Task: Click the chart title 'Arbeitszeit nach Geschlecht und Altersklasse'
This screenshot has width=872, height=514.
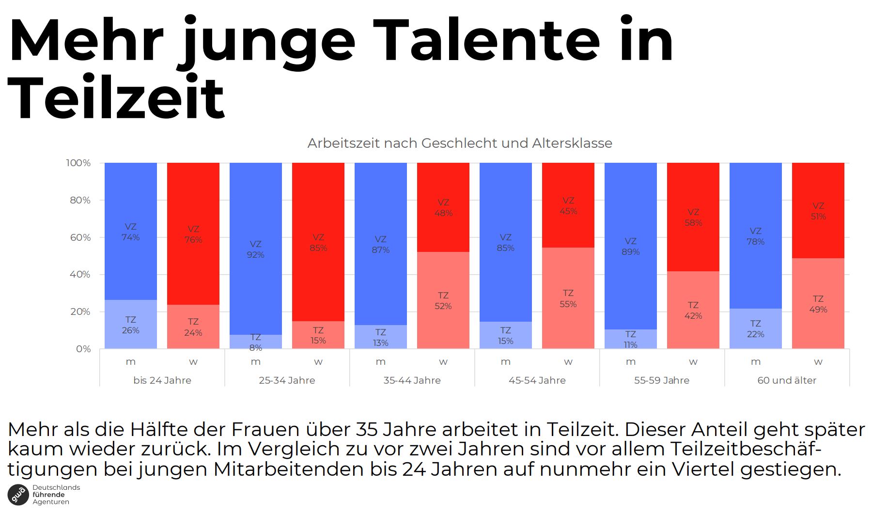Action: pos(459,143)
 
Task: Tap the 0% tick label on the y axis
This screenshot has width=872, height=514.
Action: pos(83,349)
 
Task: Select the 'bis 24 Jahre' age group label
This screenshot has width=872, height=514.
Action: pos(162,380)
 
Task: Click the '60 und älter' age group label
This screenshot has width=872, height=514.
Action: pos(786,380)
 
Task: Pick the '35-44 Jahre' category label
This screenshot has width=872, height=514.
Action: pos(412,380)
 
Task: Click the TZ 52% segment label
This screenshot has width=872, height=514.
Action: pos(443,301)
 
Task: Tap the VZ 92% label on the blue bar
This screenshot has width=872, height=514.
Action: pos(255,249)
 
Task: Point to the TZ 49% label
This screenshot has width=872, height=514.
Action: pos(818,304)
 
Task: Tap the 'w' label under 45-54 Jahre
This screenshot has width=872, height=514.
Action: pos(568,362)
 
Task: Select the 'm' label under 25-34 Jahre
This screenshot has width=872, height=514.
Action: pos(255,362)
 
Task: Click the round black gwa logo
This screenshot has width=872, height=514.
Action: pos(18,495)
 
